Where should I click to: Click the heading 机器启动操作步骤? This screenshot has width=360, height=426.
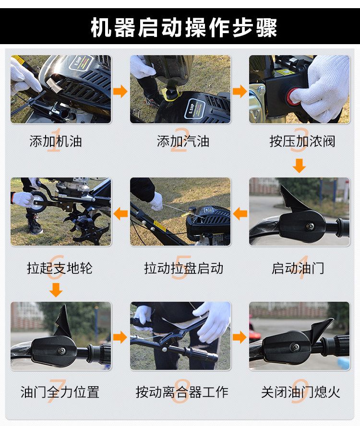pyautogui.click(x=184, y=27)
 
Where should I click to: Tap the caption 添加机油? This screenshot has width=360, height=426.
pyautogui.click(x=56, y=141)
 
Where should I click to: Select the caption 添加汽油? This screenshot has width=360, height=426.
pyautogui.click(x=183, y=141)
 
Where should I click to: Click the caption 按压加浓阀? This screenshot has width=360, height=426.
pyautogui.click(x=302, y=141)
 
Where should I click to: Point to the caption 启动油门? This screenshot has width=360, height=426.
pyautogui.click(x=298, y=268)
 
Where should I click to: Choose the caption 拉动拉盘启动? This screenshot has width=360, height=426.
pyautogui.click(x=183, y=268)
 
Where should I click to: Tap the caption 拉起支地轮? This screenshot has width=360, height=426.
pyautogui.click(x=60, y=268)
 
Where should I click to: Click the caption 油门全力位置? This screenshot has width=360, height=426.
pyautogui.click(x=60, y=392)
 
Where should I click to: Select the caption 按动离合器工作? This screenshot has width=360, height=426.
pyautogui.click(x=182, y=392)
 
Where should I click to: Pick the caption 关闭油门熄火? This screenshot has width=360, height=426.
pyautogui.click(x=301, y=392)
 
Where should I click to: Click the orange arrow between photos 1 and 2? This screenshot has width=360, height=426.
pyautogui.click(x=120, y=91)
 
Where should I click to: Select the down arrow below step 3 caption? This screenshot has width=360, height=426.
pyautogui.click(x=300, y=166)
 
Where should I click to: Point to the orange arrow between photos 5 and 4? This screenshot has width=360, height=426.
pyautogui.click(x=240, y=213)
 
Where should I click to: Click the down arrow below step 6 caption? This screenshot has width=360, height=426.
pyautogui.click(x=56, y=290)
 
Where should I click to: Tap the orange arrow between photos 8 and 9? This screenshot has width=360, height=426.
pyautogui.click(x=240, y=337)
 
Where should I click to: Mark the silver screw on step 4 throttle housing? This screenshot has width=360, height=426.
pyautogui.click(x=310, y=226)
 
